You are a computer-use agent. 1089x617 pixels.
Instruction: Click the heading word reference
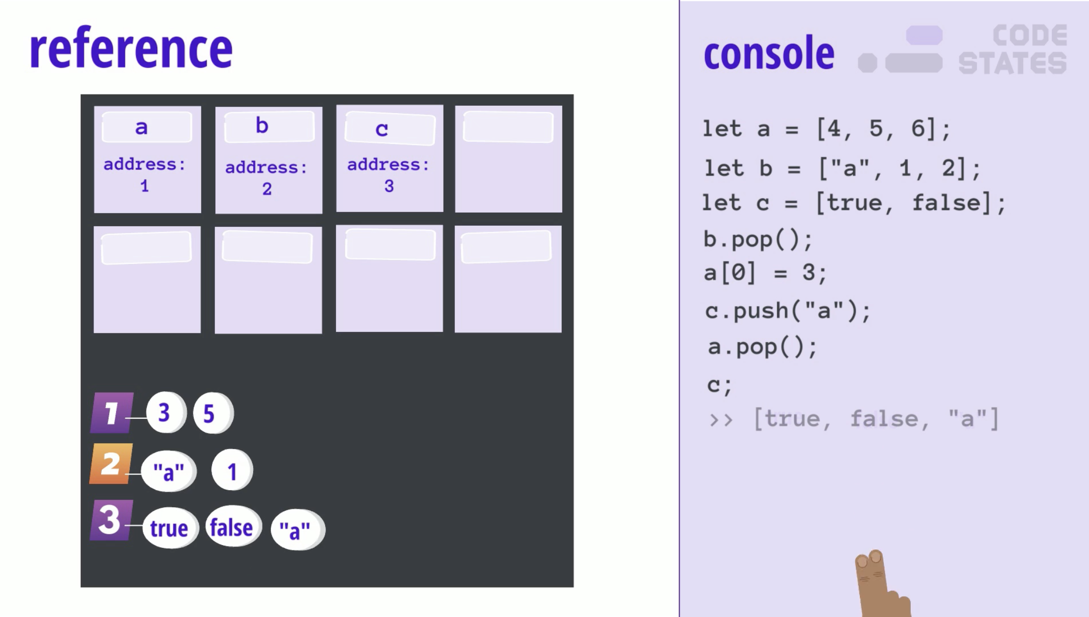coord(131,48)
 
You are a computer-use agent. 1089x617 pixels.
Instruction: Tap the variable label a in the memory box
coord(142,127)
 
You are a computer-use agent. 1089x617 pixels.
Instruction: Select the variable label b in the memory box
coord(262,126)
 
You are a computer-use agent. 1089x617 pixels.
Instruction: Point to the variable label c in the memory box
coord(382,129)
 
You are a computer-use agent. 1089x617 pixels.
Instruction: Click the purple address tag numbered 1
coord(112,413)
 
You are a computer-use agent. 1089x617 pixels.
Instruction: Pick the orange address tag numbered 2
coord(111,464)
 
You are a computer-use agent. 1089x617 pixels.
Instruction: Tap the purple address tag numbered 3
coord(111,520)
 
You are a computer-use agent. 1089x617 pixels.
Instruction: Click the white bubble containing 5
coord(213,413)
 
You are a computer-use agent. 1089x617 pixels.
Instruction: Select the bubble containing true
coord(169,528)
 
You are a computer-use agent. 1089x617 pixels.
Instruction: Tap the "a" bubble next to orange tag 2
coord(169,471)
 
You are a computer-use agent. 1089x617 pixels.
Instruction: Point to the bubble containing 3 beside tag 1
coord(166,412)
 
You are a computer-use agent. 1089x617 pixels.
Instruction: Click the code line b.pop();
coord(758,240)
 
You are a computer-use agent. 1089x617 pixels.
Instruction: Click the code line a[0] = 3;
coord(765,273)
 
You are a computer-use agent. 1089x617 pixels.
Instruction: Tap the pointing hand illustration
coord(880,585)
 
